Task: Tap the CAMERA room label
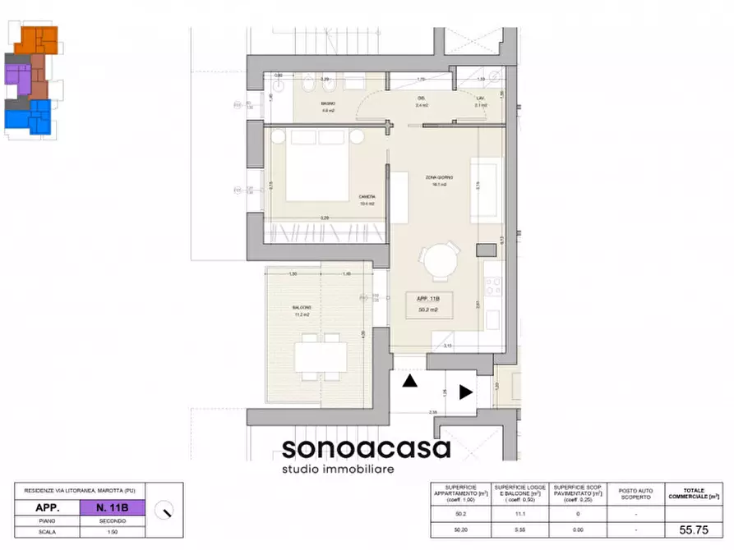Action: point(367,196)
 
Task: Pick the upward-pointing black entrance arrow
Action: point(409,380)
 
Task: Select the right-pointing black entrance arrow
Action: point(465,392)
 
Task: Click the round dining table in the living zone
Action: point(441,262)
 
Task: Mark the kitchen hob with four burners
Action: point(494,286)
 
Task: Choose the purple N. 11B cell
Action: point(112,508)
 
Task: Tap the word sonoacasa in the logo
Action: point(366,449)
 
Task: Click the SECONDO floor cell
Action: point(112,520)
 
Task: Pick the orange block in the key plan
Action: point(38,39)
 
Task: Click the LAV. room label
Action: point(481,101)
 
